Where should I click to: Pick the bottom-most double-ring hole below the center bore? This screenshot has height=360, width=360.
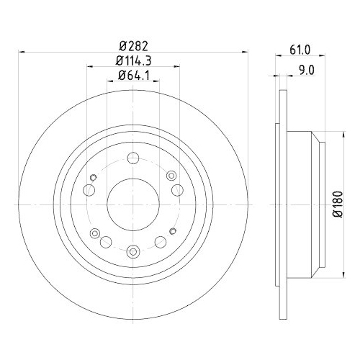tap(134, 251)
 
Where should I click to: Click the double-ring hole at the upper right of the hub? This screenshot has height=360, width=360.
tap(171, 176)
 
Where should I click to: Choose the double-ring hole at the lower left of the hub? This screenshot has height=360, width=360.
tap(105, 242)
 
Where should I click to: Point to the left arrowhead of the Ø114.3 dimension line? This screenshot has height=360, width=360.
tap(88, 67)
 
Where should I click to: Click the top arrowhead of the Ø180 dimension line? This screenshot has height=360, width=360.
tap(326, 134)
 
